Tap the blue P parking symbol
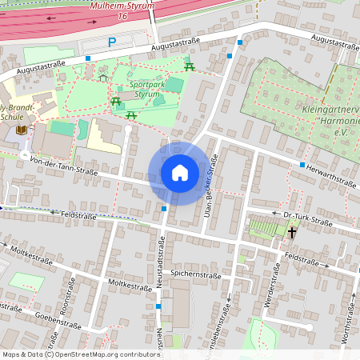click(112, 42)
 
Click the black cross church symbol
click(292, 233)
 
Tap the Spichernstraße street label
click(195, 274)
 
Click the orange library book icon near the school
click(20, 130)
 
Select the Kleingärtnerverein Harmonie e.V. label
click(329, 118)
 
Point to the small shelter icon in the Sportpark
click(103, 78)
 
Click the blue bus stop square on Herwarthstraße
click(302, 165)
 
